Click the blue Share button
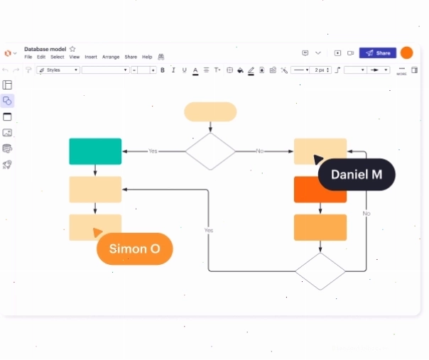378,53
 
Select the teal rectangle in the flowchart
95,151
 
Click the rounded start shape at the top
210,112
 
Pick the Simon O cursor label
135,249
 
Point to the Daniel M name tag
357,175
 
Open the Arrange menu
111,57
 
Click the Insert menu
91,57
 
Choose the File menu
28,57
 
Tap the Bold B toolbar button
163,70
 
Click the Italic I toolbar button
173,70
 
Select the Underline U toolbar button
185,70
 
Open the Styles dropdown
58,70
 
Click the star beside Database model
72,49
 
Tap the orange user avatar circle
407,53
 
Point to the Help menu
147,57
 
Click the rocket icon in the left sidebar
7,165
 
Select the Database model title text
45,49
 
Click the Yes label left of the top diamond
153,151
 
